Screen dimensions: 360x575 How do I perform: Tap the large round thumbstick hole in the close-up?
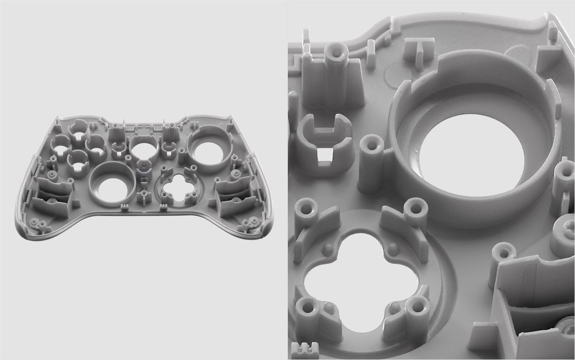pos(471,154)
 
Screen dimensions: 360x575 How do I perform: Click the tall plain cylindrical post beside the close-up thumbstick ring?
pos(371,163)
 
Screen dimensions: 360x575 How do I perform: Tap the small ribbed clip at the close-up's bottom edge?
pos(305,351)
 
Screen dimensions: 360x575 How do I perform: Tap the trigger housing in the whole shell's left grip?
pos(53,197)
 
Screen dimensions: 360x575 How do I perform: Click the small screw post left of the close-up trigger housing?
pos(503,253)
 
